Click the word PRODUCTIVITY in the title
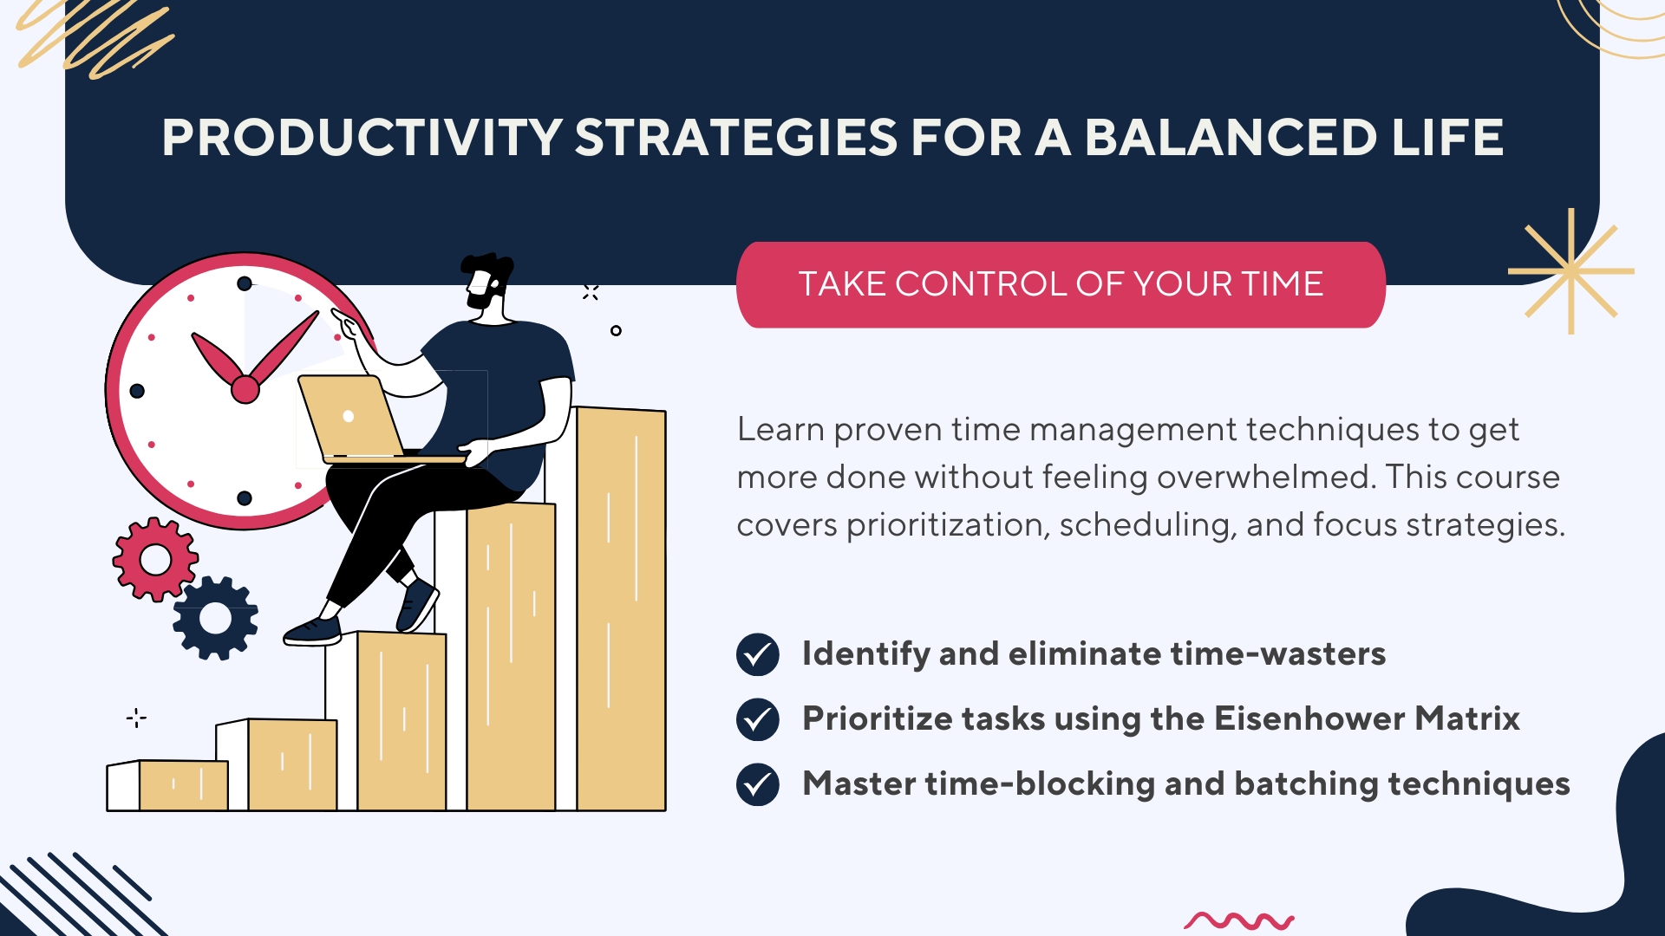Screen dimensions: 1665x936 (362, 138)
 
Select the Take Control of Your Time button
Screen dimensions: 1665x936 (1061, 284)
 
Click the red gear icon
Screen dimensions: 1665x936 (155, 559)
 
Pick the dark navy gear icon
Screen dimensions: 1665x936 (215, 618)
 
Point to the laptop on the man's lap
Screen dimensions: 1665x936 (364, 419)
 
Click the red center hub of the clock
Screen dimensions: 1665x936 (245, 390)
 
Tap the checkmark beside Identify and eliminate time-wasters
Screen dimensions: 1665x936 (758, 654)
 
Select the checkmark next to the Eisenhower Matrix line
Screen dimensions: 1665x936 (758, 719)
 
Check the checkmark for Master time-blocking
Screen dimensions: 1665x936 (758, 784)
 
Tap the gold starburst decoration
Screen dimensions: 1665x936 (1570, 271)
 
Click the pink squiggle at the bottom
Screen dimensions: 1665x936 (1239, 920)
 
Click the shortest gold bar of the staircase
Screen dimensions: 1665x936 (183, 785)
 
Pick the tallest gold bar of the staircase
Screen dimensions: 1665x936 (621, 608)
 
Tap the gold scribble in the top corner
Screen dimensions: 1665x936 (95, 39)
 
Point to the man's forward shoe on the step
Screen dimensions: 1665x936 (312, 631)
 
